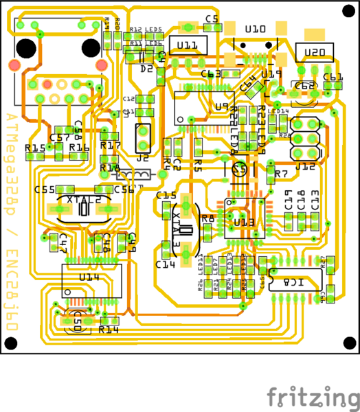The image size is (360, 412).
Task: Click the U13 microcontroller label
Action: tap(244, 222)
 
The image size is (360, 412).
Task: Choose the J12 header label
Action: tap(305, 166)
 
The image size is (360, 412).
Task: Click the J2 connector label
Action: tap(142, 157)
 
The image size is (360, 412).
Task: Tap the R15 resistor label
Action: tap(34, 148)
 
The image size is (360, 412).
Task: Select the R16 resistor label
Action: tap(79, 148)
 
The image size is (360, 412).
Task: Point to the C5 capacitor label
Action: tap(211, 19)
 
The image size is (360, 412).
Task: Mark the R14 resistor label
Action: tap(109, 330)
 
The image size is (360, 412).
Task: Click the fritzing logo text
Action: tap(312, 397)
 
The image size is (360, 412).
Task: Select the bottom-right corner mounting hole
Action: tap(350, 343)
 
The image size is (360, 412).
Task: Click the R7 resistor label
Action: tap(280, 174)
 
